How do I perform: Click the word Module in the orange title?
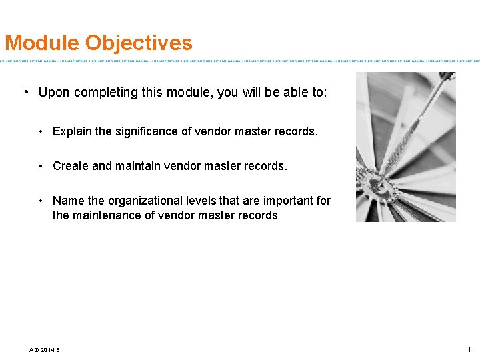coord(42,43)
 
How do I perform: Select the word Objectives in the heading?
coord(139,43)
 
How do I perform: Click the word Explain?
coord(72,131)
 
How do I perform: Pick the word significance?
coord(149,131)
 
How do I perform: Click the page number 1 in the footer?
coord(469,350)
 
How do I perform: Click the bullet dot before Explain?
coord(41,131)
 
